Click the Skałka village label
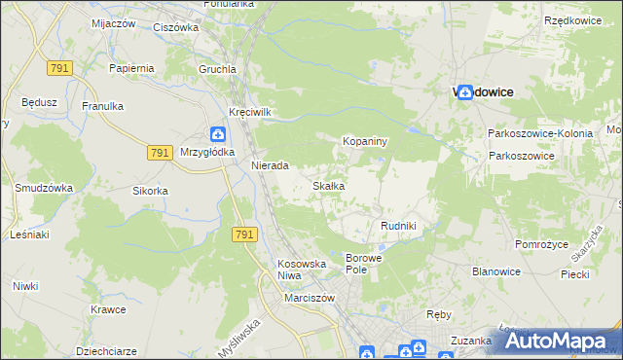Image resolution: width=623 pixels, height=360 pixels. point(327,186)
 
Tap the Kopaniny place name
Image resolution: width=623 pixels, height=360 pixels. point(365,142)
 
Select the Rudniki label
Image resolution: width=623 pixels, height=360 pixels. point(398,226)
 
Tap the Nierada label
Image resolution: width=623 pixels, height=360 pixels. point(270,165)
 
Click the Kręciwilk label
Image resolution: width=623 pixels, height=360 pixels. point(248,112)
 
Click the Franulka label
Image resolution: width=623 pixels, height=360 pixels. point(101,106)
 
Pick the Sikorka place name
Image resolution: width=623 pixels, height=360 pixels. point(151,191)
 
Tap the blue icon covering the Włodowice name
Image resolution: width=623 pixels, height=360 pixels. point(465,91)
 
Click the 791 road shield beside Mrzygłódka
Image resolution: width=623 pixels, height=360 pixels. point(162,154)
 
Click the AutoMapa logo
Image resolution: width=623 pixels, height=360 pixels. point(558,342)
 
